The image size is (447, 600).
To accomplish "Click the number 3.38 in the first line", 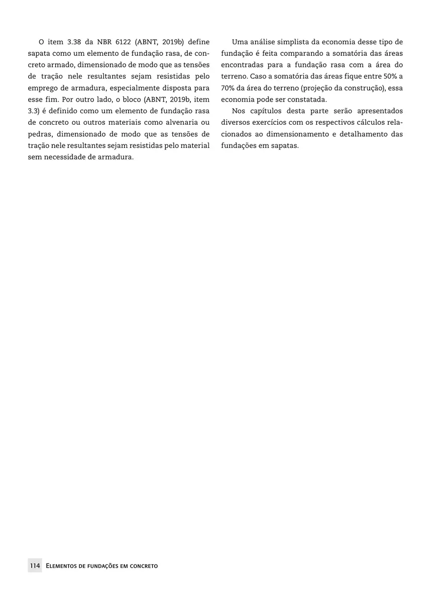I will coord(74,42).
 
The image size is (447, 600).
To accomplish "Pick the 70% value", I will coord(229,88).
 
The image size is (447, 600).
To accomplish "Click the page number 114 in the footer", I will coord(35,566).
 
